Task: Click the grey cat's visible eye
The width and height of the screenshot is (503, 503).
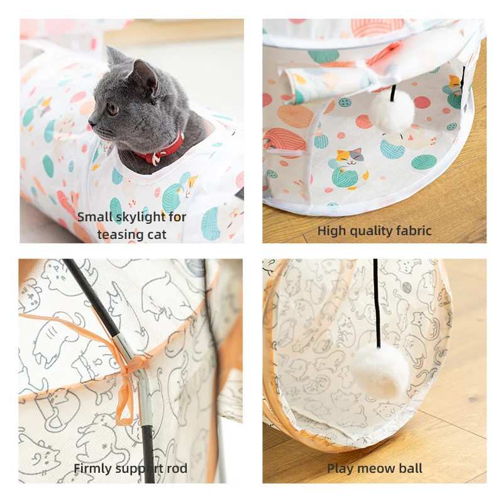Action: [x=113, y=108]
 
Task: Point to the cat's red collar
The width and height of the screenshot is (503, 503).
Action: [x=165, y=152]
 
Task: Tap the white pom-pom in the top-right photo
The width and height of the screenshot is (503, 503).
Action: [x=391, y=111]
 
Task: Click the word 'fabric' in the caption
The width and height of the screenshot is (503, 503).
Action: [x=412, y=231]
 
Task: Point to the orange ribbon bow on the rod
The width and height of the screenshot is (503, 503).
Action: [x=126, y=371]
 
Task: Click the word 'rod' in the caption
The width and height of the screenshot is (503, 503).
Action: [x=177, y=468]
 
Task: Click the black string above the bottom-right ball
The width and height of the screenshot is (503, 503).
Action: [x=377, y=302]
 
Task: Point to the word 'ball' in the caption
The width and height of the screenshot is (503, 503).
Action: [x=411, y=468]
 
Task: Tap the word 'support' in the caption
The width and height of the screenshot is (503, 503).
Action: [x=142, y=469]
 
